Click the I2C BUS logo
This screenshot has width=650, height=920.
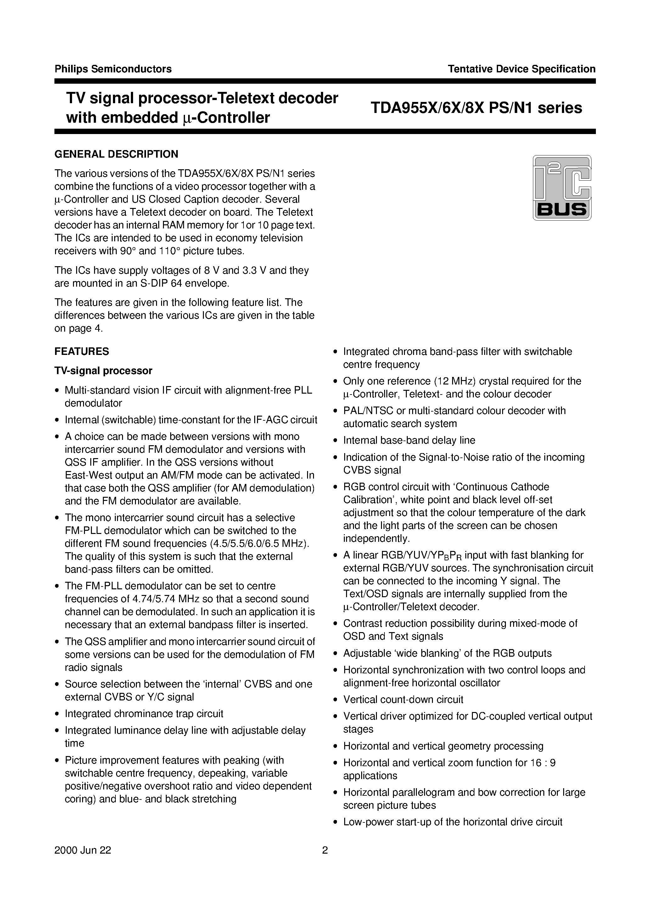coord(562,188)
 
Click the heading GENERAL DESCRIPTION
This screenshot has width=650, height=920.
coord(116,154)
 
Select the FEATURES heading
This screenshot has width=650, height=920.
coord(82,351)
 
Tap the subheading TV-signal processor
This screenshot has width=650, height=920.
coord(104,371)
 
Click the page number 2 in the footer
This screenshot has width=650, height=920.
coord(325,861)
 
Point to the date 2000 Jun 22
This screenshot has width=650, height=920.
coord(83,861)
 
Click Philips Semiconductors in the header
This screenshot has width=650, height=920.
coord(113,69)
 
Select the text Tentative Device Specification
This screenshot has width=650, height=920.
coord(521,69)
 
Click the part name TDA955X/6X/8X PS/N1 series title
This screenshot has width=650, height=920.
coord(476,108)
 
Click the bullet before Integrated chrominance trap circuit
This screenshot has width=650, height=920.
coord(57,714)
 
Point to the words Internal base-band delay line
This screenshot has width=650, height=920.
coord(409,440)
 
